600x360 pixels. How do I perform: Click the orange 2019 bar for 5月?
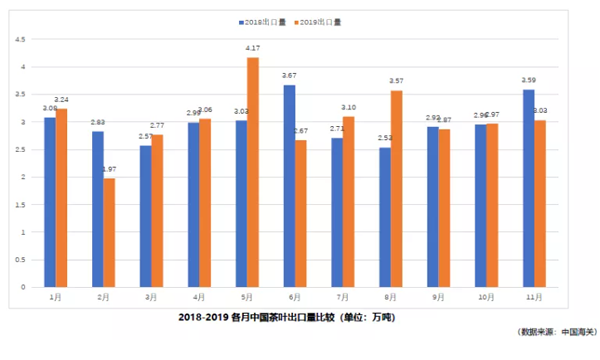[253, 172]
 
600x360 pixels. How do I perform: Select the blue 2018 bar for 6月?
[289, 186]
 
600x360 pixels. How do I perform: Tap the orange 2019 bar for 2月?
[109, 233]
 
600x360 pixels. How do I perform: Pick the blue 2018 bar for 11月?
[528, 188]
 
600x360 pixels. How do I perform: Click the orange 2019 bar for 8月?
[397, 189]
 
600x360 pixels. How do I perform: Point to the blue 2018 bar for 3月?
[146, 216]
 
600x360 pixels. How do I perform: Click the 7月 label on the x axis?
[343, 297]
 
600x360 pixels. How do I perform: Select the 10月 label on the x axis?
[486, 297]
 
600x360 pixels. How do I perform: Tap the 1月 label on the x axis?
[56, 297]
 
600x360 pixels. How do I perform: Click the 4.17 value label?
[253, 48]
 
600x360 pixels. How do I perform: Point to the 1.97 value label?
[109, 170]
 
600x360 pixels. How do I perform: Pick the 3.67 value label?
[289, 76]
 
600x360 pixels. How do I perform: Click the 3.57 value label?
[397, 81]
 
